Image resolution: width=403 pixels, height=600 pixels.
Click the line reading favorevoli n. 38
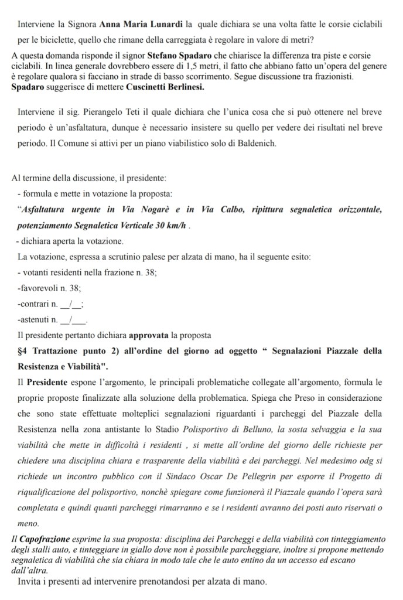pos(50,288)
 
